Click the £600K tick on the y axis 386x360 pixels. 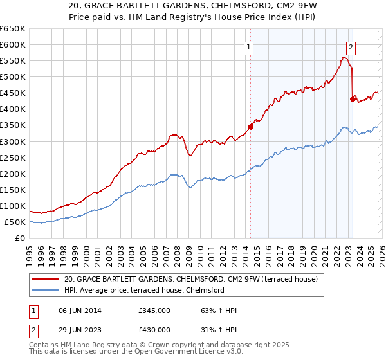(x=13, y=44)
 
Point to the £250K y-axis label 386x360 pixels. (x=13, y=157)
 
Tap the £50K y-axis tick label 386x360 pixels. (x=15, y=222)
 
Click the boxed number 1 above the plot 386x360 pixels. (x=248, y=46)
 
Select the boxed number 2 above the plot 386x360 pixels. (x=351, y=46)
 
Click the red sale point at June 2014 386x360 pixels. (x=250, y=127)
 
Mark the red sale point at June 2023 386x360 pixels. (x=353, y=99)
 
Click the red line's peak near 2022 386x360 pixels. (x=345, y=57)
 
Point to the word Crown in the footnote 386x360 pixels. (x=162, y=345)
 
